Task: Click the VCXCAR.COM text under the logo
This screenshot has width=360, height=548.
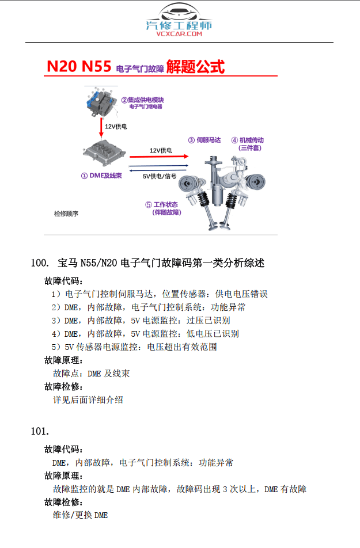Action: click(179, 35)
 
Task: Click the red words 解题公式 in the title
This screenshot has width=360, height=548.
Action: click(195, 67)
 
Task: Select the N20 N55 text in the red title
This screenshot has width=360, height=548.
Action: click(79, 67)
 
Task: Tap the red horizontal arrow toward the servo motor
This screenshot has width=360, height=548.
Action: click(159, 156)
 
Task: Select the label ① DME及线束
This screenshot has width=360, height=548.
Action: click(101, 176)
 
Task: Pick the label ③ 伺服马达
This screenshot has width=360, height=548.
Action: click(206, 140)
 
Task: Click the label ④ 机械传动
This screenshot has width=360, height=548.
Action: click(248, 140)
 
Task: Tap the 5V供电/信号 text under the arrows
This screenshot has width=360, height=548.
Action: click(160, 176)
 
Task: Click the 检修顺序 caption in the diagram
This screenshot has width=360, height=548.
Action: click(66, 214)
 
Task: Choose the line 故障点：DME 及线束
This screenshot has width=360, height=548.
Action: click(91, 374)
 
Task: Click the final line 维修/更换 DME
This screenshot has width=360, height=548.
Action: click(80, 515)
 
